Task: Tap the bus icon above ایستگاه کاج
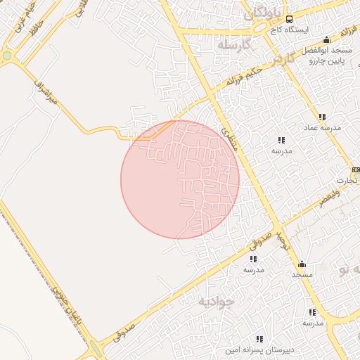point(290,19)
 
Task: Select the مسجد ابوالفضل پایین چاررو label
point(326,57)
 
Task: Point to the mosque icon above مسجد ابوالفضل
point(326,40)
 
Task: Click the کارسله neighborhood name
point(233,46)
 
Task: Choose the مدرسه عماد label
point(322,128)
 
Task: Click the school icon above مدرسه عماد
point(322,117)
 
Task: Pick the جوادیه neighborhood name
point(216,301)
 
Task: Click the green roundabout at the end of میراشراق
point(7,55)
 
